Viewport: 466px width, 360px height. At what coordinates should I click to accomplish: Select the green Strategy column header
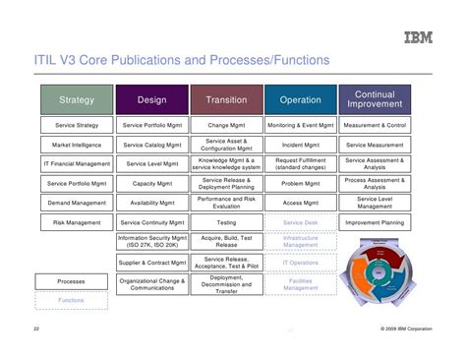(x=77, y=99)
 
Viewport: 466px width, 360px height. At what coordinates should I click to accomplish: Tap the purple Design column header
(x=152, y=99)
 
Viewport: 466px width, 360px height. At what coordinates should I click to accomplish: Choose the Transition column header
(x=226, y=99)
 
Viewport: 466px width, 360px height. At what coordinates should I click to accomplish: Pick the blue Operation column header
(x=300, y=99)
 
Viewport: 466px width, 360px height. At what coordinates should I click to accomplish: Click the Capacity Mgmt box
(x=152, y=183)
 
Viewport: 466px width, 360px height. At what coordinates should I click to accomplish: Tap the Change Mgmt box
(x=226, y=126)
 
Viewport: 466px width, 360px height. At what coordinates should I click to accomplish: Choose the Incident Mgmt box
(x=300, y=145)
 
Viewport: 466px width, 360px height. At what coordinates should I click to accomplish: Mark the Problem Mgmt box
(x=300, y=183)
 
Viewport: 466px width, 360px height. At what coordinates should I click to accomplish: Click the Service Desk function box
(x=300, y=222)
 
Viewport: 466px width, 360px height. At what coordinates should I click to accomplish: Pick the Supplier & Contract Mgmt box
(x=152, y=263)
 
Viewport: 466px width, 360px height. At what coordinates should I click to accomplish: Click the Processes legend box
(x=71, y=281)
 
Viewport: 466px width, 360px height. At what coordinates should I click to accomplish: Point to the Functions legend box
(x=71, y=300)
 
